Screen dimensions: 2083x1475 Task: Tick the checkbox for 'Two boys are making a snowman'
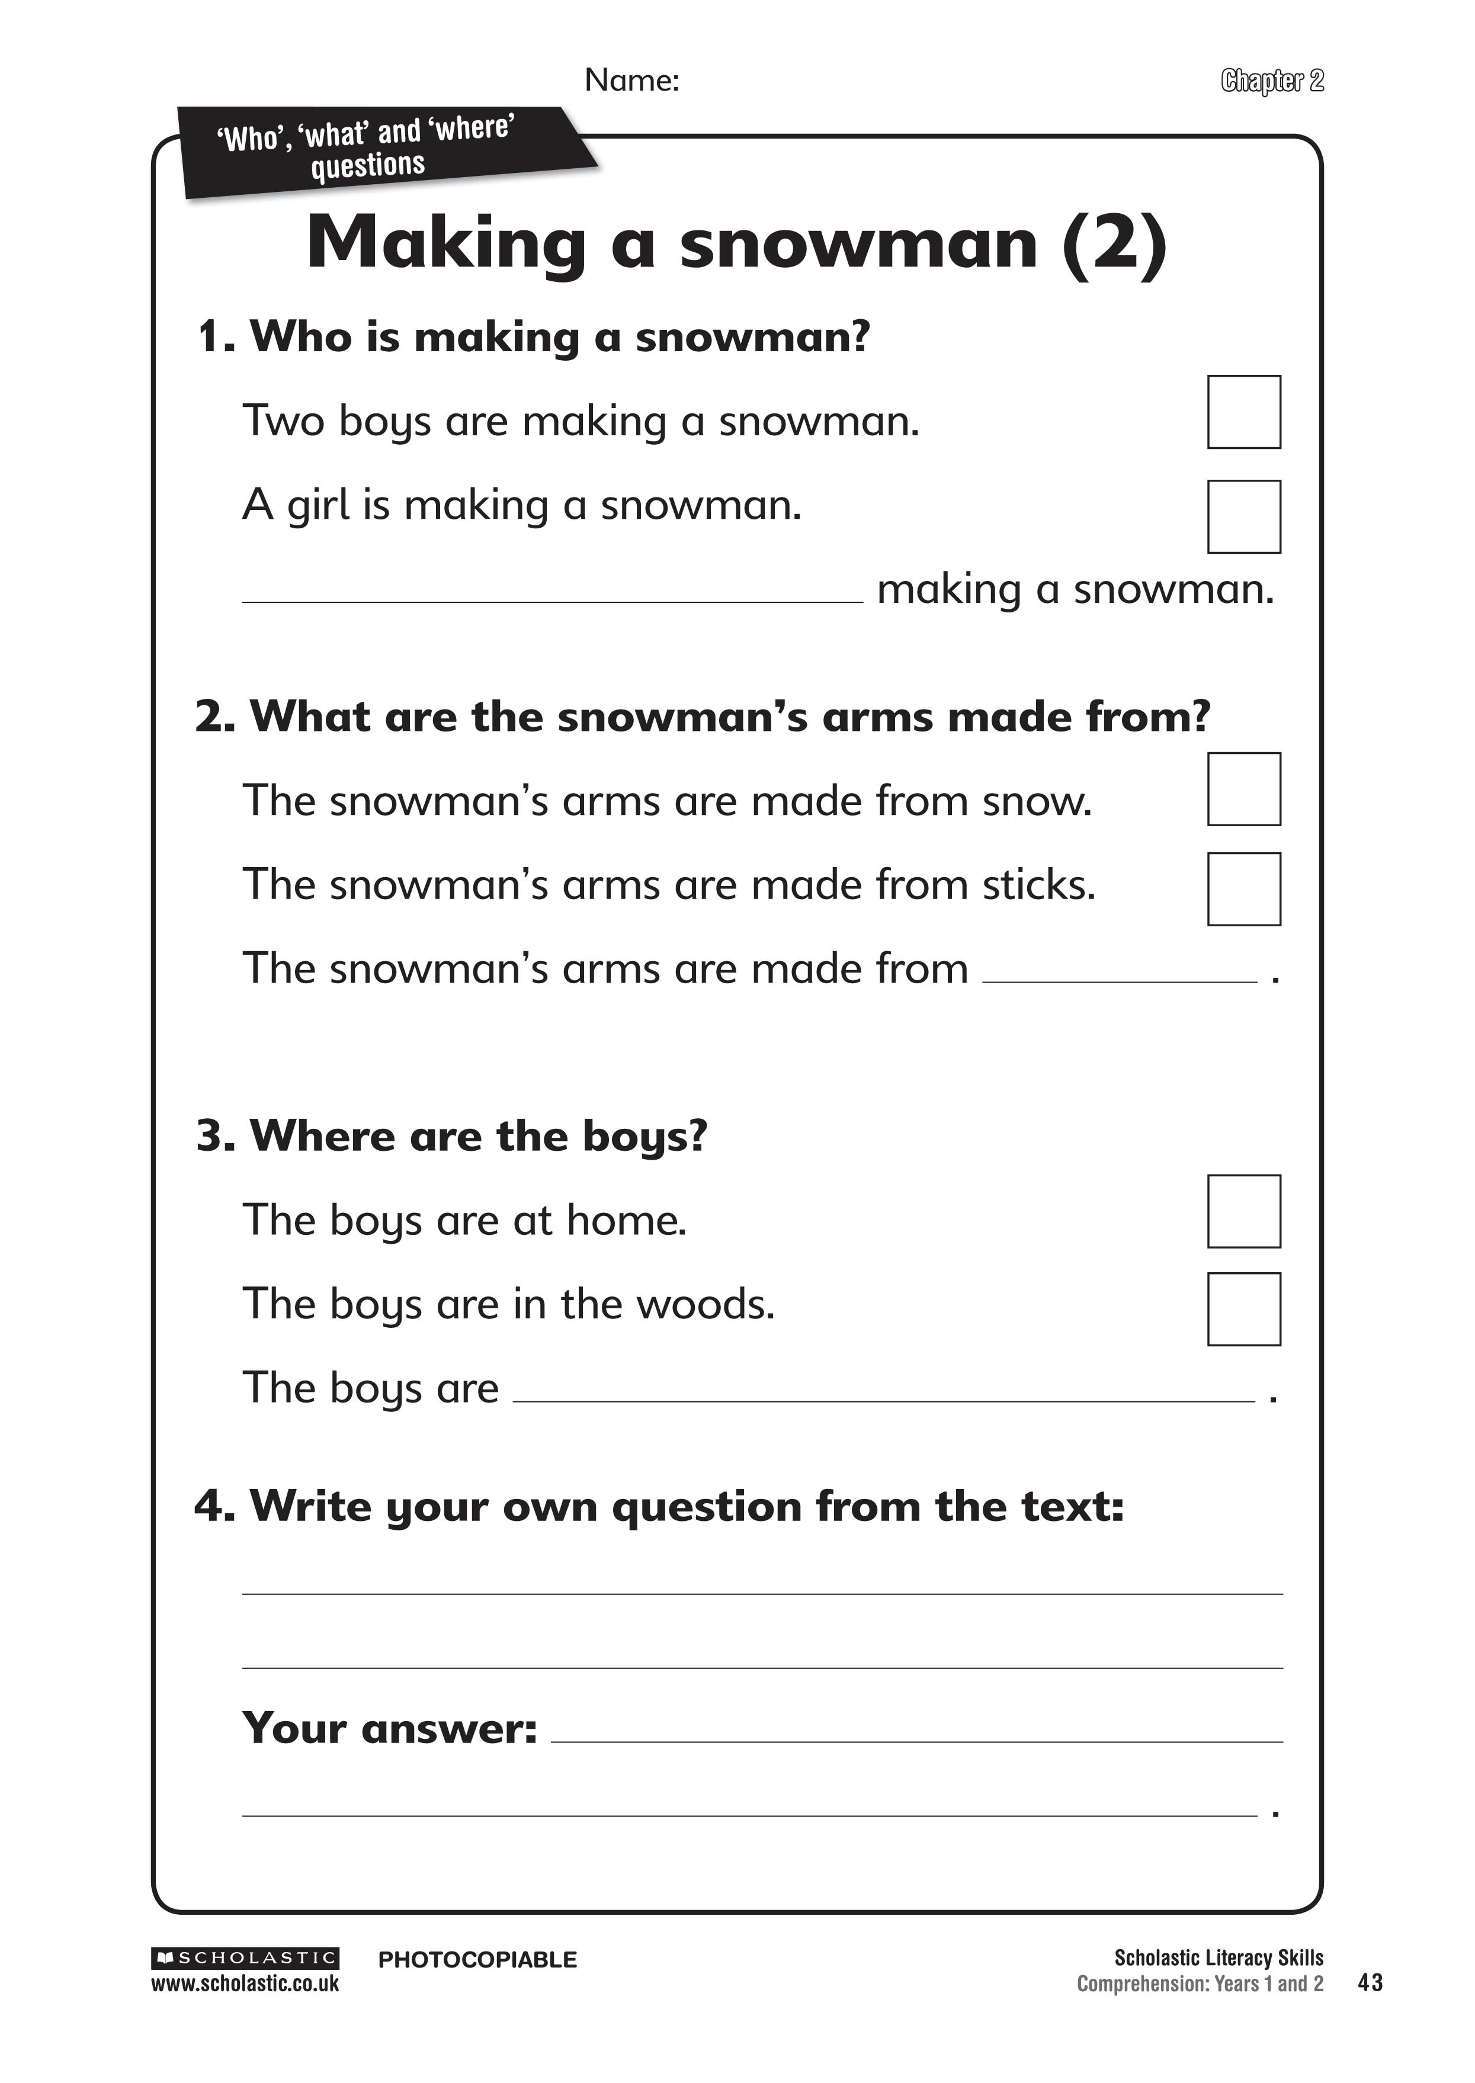coord(1243,412)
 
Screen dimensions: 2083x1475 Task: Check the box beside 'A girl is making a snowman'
coord(1243,516)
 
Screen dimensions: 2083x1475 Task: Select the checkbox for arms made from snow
coord(1243,789)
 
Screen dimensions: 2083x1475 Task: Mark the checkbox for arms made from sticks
coord(1243,889)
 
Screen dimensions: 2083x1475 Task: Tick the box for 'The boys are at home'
coord(1243,1211)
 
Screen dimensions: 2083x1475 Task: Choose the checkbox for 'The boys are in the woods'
coord(1243,1310)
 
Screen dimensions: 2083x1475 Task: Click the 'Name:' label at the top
coord(631,80)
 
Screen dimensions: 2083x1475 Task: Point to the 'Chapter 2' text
coord(1272,81)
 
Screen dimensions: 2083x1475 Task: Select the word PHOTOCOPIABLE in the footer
coord(477,1959)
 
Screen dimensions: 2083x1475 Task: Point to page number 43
coord(1370,1982)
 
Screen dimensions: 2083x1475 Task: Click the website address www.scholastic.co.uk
coord(245,1984)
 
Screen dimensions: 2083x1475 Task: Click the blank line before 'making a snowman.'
coord(552,595)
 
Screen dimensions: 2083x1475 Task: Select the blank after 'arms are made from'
coord(1119,974)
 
